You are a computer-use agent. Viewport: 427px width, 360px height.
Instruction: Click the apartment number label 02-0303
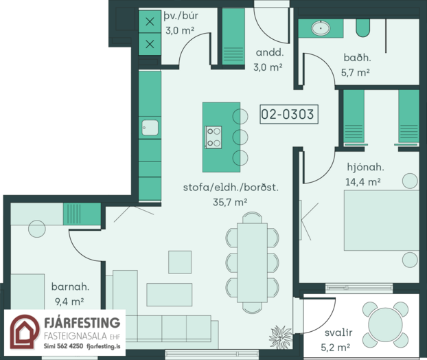(289, 114)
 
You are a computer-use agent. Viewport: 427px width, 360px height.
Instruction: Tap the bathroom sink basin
(321, 28)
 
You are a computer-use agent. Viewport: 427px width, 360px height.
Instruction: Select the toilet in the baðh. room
(362, 27)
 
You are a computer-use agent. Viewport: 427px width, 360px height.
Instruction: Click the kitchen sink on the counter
(150, 128)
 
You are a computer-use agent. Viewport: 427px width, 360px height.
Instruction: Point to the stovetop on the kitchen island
(213, 137)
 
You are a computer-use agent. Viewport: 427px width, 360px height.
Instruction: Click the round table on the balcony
(385, 324)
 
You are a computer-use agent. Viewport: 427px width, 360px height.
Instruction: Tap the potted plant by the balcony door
(281, 337)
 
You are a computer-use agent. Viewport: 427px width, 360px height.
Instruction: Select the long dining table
(252, 262)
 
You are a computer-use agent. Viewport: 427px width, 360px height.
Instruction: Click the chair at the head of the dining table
(252, 218)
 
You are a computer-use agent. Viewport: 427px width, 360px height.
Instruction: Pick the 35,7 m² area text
(230, 202)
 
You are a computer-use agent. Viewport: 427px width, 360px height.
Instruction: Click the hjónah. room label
(365, 167)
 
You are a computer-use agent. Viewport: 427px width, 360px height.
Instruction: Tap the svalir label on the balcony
(338, 333)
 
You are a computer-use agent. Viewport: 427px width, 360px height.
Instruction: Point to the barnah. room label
(70, 286)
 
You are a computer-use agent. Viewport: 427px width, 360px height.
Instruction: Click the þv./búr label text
(181, 16)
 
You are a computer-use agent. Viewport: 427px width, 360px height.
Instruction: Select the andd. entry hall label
(270, 52)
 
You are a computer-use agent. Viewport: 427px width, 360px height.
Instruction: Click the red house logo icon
(25, 332)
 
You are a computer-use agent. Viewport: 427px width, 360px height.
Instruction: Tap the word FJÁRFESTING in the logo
(82, 323)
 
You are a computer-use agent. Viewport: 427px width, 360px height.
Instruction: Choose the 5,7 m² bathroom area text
(355, 73)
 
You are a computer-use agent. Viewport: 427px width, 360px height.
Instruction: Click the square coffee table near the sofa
(180, 262)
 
